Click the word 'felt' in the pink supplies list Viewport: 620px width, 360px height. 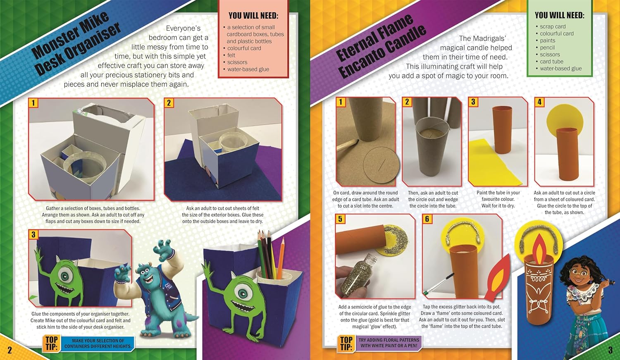click(x=231, y=55)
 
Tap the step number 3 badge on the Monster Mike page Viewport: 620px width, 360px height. click(x=33, y=235)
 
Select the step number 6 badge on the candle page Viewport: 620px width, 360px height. click(x=427, y=219)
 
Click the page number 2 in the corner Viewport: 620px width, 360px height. click(x=10, y=350)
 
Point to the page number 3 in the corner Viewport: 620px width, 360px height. click(x=610, y=350)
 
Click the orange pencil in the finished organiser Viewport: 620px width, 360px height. click(x=281, y=258)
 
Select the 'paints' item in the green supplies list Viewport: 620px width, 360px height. click(x=548, y=41)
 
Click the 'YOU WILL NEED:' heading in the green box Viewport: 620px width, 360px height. click(x=559, y=15)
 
